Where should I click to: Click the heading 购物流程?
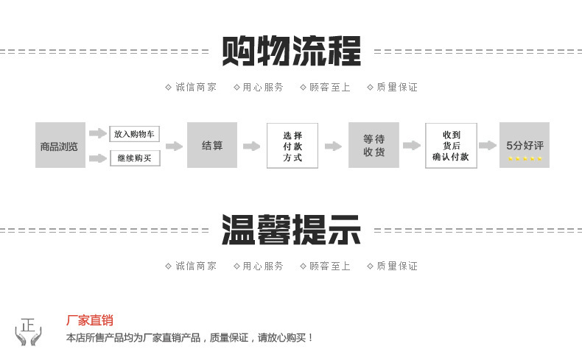[x=292, y=51]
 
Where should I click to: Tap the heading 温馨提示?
[x=292, y=230]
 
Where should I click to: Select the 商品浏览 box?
[x=60, y=146]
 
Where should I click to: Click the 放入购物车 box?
[x=135, y=134]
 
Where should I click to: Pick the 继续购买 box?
[x=135, y=158]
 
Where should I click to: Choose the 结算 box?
[x=212, y=146]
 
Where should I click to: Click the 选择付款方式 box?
[x=292, y=146]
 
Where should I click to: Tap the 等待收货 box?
[x=374, y=146]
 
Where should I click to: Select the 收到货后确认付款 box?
[x=451, y=146]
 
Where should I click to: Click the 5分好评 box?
[x=525, y=144]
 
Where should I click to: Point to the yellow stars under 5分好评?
[x=525, y=158]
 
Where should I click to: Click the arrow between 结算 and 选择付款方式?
[x=252, y=146]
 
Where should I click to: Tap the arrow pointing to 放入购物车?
[x=98, y=133]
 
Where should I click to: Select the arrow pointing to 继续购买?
[x=98, y=158]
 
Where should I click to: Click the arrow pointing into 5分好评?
[x=488, y=146]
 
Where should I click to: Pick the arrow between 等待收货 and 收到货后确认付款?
[x=412, y=146]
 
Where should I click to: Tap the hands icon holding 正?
[x=29, y=331]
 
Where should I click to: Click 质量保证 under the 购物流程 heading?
[x=396, y=87]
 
